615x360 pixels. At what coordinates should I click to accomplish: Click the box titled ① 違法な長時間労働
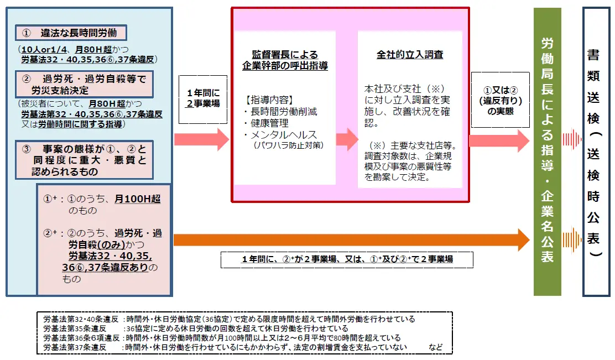pyautogui.click(x=71, y=33)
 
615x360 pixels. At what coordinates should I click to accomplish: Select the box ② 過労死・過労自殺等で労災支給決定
pyautogui.click(x=84, y=84)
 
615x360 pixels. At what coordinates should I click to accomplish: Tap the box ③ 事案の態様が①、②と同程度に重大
pyautogui.click(x=84, y=160)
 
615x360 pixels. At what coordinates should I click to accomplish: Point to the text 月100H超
pyautogui.click(x=137, y=199)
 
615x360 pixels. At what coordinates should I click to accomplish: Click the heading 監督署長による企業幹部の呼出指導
pyautogui.click(x=285, y=60)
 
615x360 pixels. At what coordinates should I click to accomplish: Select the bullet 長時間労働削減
pyautogui.click(x=280, y=112)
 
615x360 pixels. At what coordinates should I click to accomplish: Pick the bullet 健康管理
pyautogui.click(x=267, y=123)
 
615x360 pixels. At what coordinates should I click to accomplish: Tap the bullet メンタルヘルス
pyautogui.click(x=280, y=135)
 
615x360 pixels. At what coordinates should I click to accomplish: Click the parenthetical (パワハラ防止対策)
pyautogui.click(x=289, y=145)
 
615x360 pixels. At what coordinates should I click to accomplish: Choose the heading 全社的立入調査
pyautogui.click(x=410, y=55)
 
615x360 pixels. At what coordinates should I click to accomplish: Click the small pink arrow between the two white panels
pyautogui.click(x=347, y=139)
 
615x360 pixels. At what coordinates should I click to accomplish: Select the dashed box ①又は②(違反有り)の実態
pyautogui.click(x=500, y=100)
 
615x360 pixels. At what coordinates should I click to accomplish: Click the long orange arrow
pyautogui.click(x=351, y=240)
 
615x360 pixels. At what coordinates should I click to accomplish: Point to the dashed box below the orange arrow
pyautogui.click(x=347, y=259)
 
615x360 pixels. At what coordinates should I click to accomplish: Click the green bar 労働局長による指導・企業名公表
pyautogui.click(x=547, y=152)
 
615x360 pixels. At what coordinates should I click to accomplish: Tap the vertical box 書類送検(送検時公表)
pyautogui.click(x=596, y=152)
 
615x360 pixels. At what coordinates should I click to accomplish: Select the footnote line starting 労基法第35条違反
pyautogui.click(x=196, y=328)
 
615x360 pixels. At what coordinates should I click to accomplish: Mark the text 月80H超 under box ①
pyautogui.click(x=93, y=49)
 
